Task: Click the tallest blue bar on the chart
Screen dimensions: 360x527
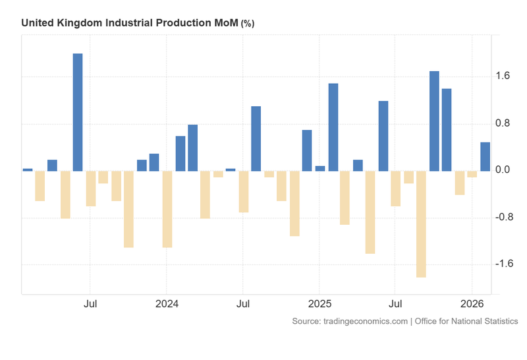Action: (x=78, y=112)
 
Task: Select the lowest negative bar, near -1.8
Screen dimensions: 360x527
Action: (x=422, y=224)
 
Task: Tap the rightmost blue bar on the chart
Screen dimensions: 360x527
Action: (x=485, y=157)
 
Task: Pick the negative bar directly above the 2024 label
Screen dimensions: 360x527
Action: (x=167, y=209)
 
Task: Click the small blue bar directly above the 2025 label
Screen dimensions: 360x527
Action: (x=320, y=168)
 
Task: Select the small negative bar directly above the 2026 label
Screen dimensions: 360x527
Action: (x=472, y=174)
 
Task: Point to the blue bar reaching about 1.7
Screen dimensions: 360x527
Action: (x=434, y=121)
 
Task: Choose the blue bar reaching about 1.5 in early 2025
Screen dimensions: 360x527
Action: (x=333, y=127)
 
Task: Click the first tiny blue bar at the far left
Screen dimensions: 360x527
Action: (x=28, y=169)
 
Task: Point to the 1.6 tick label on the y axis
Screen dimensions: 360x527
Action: (x=503, y=76)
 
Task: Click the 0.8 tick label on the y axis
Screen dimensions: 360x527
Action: (x=503, y=123)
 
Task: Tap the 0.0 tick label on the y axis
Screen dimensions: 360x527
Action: (x=503, y=170)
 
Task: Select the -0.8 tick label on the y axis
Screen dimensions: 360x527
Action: (x=502, y=217)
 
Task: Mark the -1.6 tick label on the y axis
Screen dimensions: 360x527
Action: (x=502, y=264)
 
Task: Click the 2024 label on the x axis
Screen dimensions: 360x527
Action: (x=167, y=304)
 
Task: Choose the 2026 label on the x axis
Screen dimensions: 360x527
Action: (x=472, y=304)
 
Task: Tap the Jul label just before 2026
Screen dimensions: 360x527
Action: (x=395, y=304)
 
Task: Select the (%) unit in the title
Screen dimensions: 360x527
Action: (x=248, y=24)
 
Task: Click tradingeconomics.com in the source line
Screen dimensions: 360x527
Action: (x=367, y=321)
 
